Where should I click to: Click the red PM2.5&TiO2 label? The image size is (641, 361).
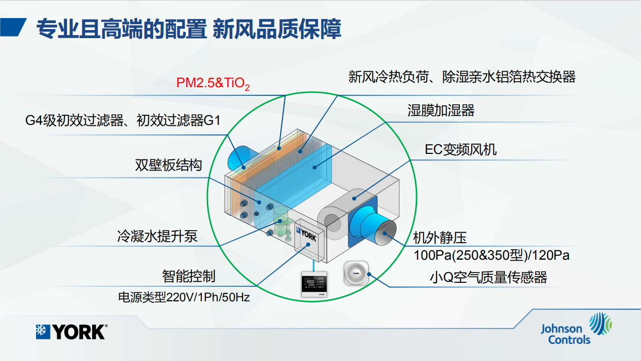[x=213, y=83]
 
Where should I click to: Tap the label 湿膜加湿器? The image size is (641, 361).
[x=441, y=110]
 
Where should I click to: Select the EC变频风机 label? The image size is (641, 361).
[x=460, y=149]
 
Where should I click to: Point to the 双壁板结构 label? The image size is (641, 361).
[x=168, y=165]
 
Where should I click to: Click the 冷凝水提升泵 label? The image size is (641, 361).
[x=157, y=236]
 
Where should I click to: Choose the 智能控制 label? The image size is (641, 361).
[x=189, y=276]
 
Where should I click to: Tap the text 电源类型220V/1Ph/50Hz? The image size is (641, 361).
[x=184, y=297]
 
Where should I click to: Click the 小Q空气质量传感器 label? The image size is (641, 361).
[x=488, y=277]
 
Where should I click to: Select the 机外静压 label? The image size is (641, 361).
[x=440, y=238]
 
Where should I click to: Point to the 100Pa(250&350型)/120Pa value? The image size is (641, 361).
[x=491, y=255]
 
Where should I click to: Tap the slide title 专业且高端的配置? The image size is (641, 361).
[x=121, y=29]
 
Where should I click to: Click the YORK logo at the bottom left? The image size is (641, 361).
[x=72, y=332]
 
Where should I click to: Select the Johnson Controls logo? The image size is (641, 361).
[x=576, y=328]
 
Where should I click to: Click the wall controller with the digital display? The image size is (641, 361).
[x=314, y=284]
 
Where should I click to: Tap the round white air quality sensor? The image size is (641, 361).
[x=356, y=273]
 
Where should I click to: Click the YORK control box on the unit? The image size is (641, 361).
[x=309, y=240]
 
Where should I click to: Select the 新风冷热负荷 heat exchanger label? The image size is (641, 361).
[x=462, y=77]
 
